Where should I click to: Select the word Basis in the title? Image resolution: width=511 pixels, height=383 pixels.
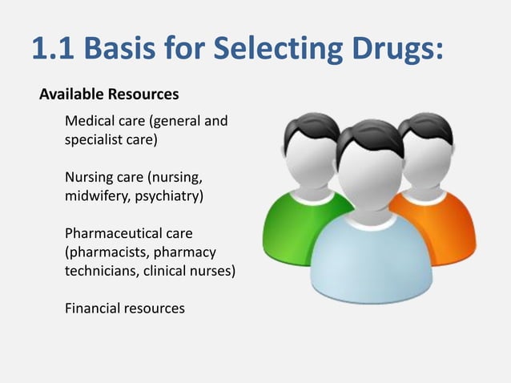pyautogui.click(x=125, y=50)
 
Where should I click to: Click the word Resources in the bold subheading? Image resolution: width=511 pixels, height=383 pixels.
pyautogui.click(x=143, y=95)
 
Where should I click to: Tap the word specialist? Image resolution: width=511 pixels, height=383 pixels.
pyautogui.click(x=94, y=141)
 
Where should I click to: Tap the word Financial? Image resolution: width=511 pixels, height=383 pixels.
pyautogui.click(x=91, y=308)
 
